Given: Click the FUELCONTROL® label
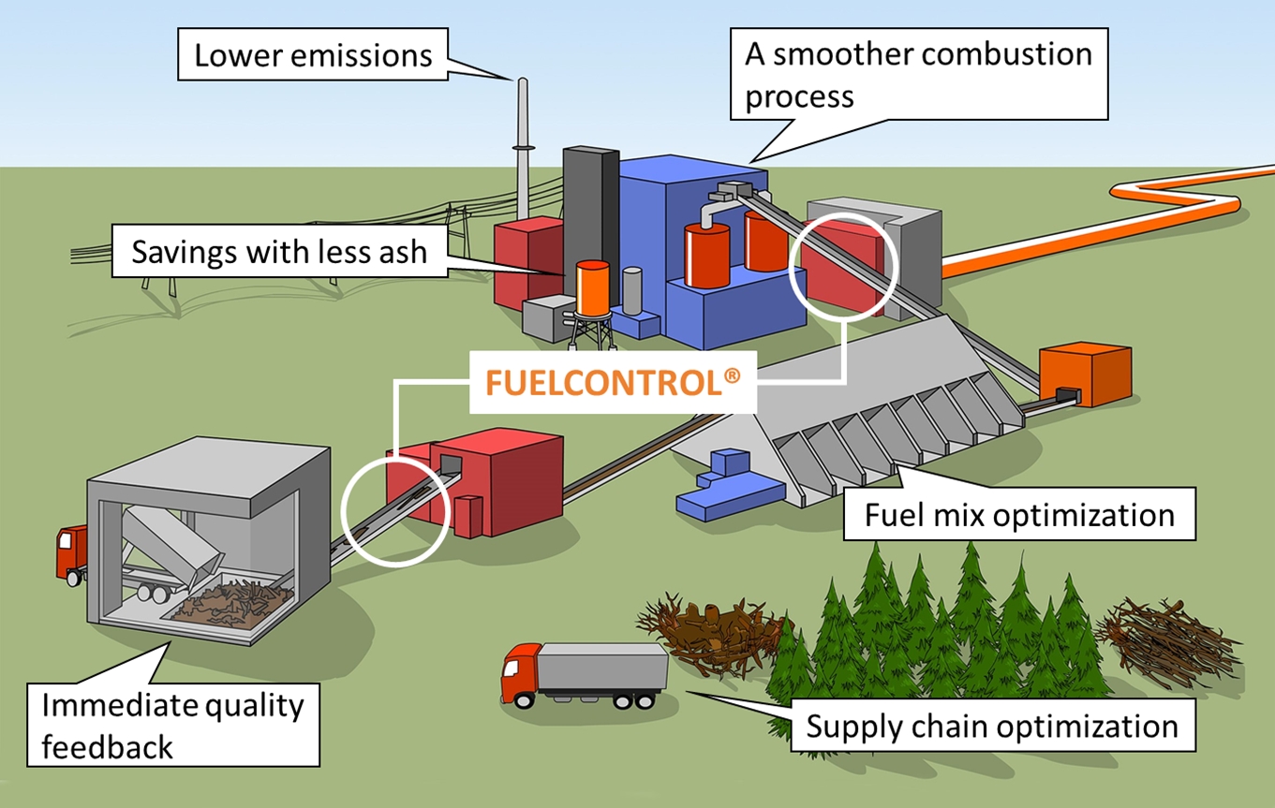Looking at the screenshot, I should pos(613,382).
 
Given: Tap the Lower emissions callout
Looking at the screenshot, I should pos(313,55).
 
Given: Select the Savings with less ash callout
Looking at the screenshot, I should pos(278,253).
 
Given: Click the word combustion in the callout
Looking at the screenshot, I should pos(1009,54).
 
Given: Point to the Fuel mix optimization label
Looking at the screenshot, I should pos(1019,515).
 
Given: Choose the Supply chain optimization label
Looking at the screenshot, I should pos(993,727).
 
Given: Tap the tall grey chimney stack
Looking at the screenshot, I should pos(523,140).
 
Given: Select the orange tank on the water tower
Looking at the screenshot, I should pos(593,286).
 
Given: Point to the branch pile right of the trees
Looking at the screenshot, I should pos(1166,641).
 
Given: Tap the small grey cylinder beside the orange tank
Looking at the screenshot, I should pos(634,291).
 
